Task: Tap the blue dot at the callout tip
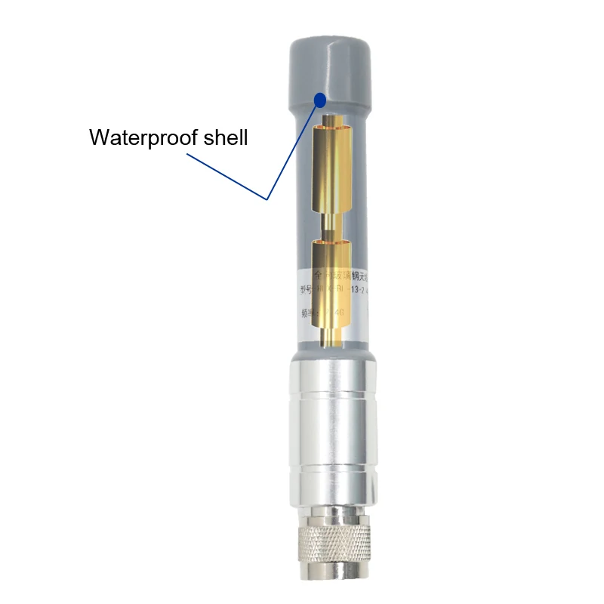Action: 321,99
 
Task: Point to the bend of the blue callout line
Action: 267,199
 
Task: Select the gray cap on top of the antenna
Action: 328,68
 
